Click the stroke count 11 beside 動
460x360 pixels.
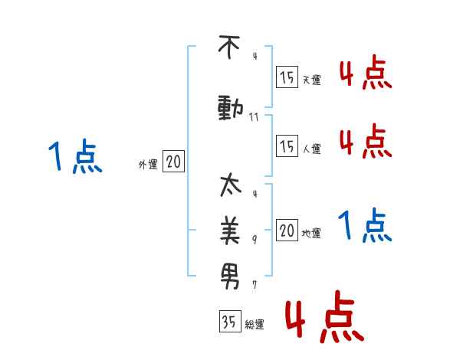pos(255,117)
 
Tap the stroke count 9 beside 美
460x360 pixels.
pos(255,240)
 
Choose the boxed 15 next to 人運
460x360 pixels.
pos(287,145)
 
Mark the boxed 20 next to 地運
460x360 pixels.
pos(287,231)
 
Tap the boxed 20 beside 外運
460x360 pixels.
pos(174,162)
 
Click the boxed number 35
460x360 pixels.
pos(229,322)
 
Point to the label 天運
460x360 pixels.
pos(311,79)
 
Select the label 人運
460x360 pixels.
pos(311,148)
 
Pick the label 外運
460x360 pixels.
pos(148,165)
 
